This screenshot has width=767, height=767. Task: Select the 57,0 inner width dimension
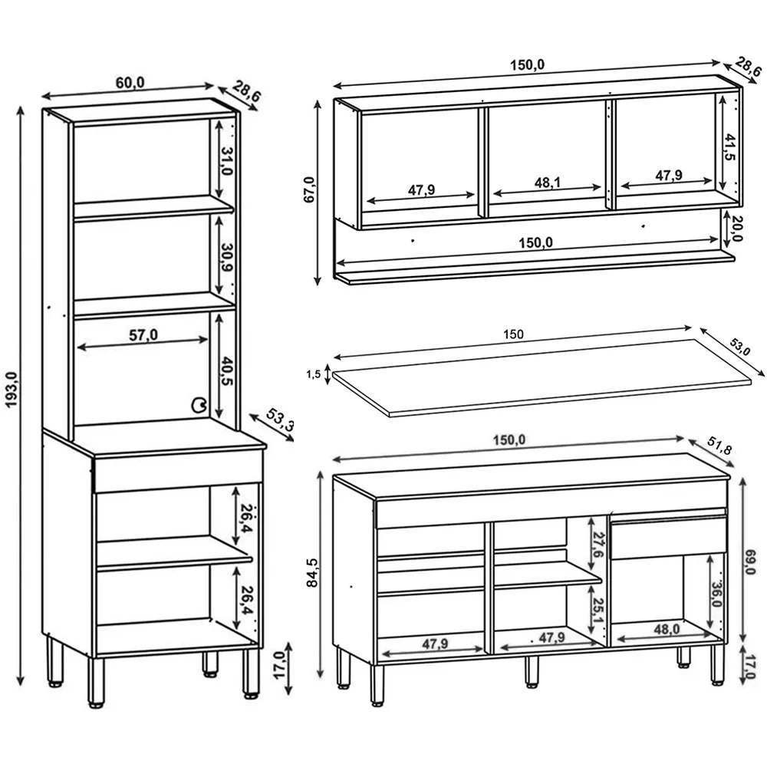143,334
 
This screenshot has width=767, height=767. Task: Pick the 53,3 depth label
279,422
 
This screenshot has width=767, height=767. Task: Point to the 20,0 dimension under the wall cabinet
736,228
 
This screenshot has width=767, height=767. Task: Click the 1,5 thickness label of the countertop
313,374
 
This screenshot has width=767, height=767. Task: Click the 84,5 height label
311,572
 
